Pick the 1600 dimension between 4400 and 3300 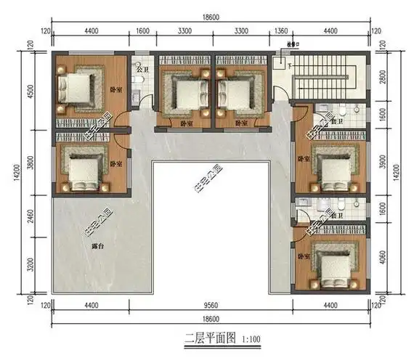click(x=142, y=31)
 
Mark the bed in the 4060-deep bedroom click(x=333, y=261)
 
